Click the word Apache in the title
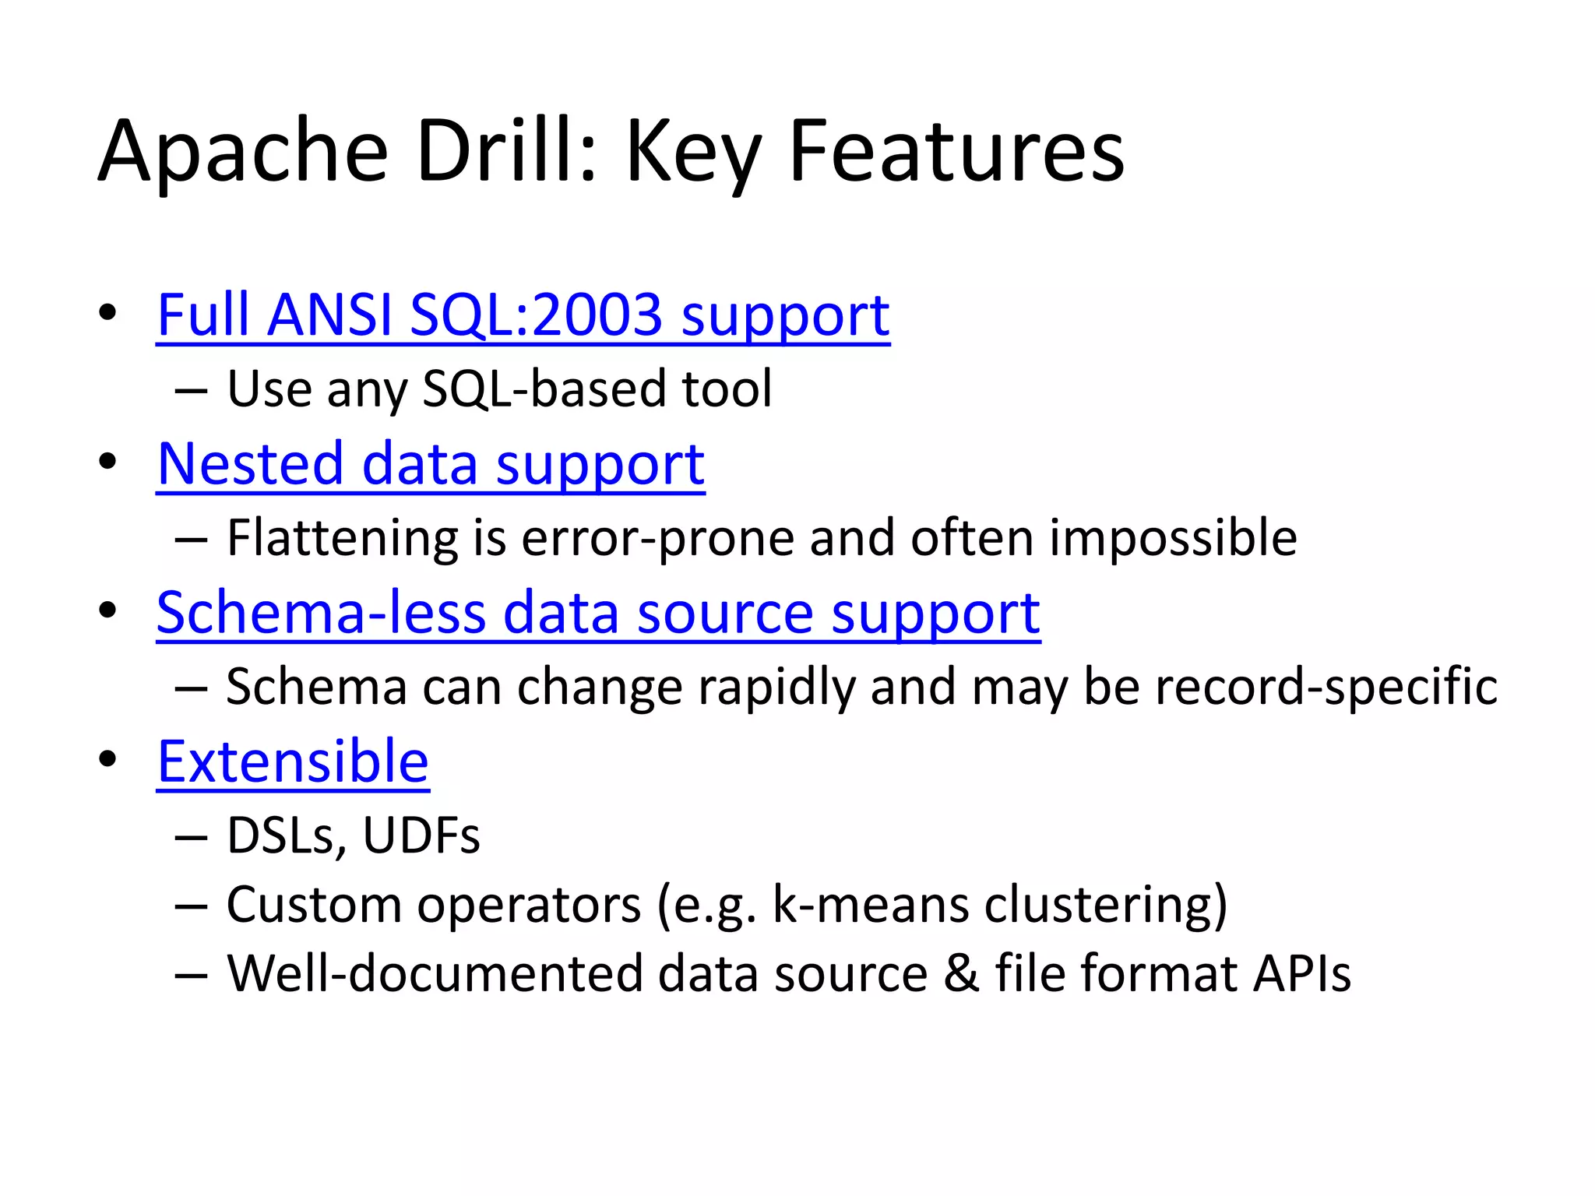coord(243,152)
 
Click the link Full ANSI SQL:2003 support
coord(523,315)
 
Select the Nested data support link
coord(431,464)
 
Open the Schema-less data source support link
coord(598,613)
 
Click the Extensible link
coord(293,762)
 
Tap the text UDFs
coord(421,835)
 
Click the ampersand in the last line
coord(961,973)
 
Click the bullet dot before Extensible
coord(107,759)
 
